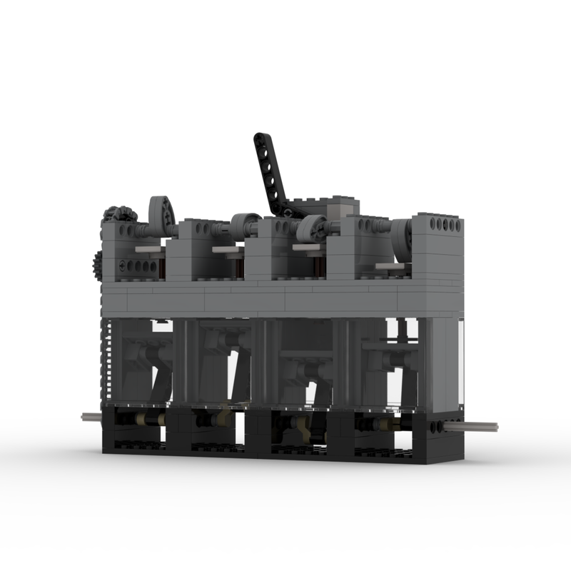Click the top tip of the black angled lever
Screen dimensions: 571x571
260,138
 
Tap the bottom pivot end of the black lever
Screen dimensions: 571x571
285,211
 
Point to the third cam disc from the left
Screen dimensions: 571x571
310,229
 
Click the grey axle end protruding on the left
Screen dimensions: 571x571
89,418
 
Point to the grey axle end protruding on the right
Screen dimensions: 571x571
480,427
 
